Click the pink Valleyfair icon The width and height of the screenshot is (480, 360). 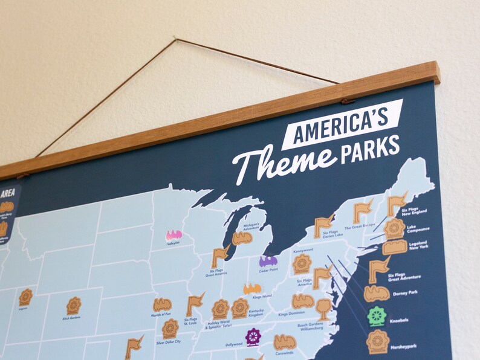[174, 235]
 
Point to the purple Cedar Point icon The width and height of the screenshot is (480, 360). [268, 261]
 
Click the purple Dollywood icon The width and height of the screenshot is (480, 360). [253, 336]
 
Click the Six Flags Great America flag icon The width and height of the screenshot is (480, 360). [219, 257]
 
